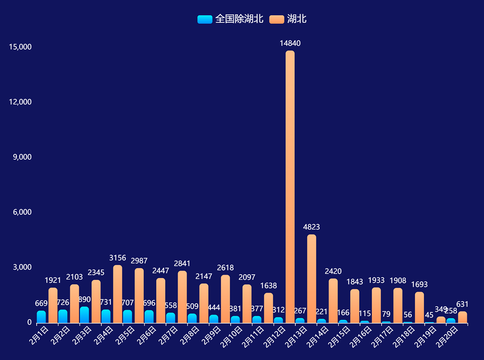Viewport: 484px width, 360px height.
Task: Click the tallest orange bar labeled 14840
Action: click(x=290, y=187)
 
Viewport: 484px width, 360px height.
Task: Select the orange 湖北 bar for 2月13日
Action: click(x=311, y=279)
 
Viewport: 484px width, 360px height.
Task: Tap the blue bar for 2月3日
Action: click(x=84, y=315)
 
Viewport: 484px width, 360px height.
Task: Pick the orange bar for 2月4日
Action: click(x=118, y=294)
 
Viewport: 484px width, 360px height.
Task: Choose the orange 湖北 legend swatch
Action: click(x=277, y=19)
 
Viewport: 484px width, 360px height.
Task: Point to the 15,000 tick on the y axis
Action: click(x=20, y=47)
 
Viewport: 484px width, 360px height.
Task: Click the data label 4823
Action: click(x=311, y=227)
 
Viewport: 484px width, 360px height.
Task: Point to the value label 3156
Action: click(x=118, y=258)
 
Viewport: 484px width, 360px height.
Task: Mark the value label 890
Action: click(x=84, y=300)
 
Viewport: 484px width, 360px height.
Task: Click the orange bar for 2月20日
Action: click(x=463, y=317)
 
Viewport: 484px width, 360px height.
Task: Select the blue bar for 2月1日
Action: click(x=41, y=317)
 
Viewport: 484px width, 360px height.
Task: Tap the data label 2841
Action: click(x=182, y=264)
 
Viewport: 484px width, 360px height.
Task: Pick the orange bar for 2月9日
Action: click(x=225, y=299)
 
